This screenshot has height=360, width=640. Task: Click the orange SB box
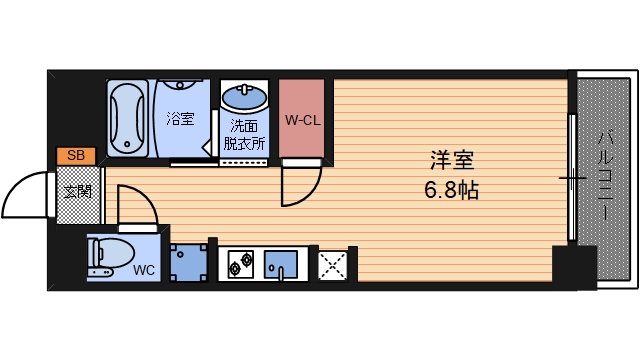pos(76,155)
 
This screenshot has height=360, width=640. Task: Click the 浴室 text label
pos(180,119)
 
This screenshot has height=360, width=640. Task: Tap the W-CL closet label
pos(301,121)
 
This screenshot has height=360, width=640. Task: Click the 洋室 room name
pos(451,161)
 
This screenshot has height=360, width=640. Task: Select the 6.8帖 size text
pos(451,190)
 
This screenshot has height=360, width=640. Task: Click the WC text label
pos(144,270)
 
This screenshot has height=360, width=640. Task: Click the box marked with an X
pos(331,265)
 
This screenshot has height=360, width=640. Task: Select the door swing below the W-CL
pos(299,186)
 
